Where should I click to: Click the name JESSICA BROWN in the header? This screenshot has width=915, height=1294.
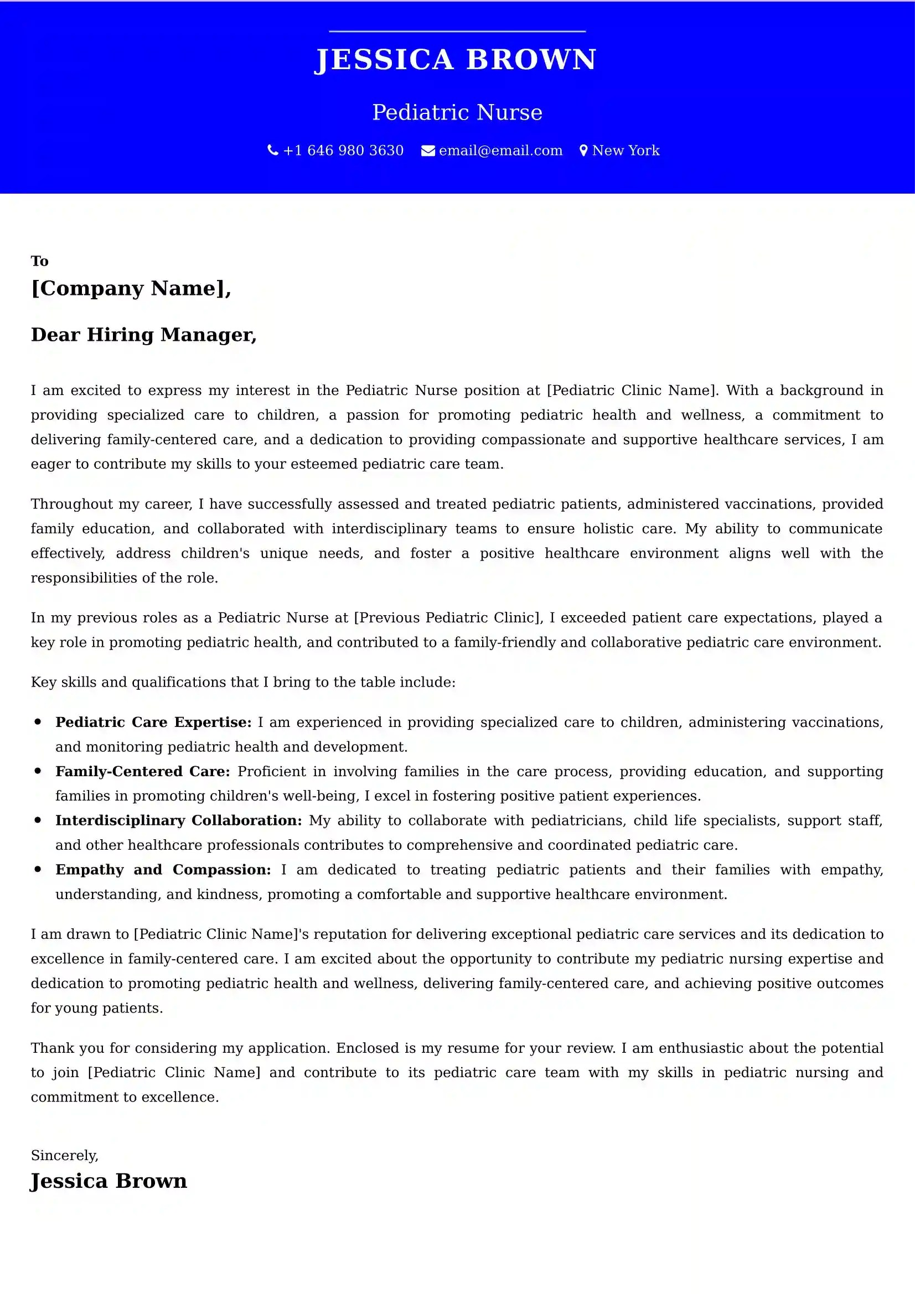(456, 60)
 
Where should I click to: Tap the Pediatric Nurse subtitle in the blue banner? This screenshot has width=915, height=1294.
(457, 113)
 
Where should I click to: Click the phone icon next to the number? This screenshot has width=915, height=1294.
(273, 150)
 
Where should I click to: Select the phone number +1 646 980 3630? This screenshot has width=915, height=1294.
(343, 150)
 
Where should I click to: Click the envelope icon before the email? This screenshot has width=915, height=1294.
(428, 151)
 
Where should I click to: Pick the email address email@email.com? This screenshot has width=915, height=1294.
(500, 150)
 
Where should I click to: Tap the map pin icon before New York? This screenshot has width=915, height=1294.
(583, 150)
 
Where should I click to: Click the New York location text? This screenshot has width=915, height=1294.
(626, 150)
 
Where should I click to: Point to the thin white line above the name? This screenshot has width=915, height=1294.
(457, 32)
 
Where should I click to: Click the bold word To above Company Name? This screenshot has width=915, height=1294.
(39, 261)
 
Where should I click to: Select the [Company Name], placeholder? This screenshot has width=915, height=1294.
(131, 288)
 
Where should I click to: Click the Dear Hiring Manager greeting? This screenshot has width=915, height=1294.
(144, 334)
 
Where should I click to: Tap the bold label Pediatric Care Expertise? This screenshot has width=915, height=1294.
(153, 722)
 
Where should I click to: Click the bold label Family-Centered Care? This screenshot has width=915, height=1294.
(143, 771)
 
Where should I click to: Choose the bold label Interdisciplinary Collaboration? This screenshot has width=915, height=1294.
(179, 820)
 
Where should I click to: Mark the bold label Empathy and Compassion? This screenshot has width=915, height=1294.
(163, 870)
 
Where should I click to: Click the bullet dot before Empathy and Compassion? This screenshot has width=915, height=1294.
(38, 869)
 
